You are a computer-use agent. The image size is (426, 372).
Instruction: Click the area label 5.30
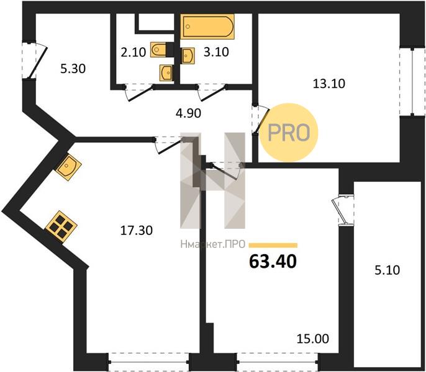(x=73, y=69)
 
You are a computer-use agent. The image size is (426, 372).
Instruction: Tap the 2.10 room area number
(x=134, y=52)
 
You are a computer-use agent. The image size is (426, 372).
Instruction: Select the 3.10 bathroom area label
(x=216, y=52)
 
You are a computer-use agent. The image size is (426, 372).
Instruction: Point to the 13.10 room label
(x=329, y=84)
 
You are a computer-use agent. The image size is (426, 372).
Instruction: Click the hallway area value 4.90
(x=188, y=113)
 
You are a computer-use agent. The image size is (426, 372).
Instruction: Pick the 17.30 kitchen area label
(x=137, y=231)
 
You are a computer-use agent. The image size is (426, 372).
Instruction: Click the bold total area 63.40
(x=273, y=262)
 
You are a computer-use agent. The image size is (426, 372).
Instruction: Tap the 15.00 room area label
(x=313, y=339)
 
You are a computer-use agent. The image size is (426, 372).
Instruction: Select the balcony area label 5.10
(x=387, y=270)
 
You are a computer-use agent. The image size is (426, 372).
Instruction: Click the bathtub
(x=207, y=27)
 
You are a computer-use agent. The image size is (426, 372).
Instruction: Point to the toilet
(x=158, y=50)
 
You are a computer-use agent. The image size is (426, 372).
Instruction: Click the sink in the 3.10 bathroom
(x=188, y=56)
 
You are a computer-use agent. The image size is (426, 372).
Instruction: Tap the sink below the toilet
(x=166, y=73)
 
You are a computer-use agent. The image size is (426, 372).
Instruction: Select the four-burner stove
(x=61, y=226)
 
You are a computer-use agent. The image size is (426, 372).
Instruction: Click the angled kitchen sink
(x=68, y=166)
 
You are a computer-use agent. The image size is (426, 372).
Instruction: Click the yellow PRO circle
(x=289, y=133)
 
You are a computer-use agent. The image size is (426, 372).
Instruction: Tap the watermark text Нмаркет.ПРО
(x=213, y=244)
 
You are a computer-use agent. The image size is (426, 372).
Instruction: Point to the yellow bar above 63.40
(x=273, y=246)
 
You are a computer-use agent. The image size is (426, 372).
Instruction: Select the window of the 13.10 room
(x=412, y=82)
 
